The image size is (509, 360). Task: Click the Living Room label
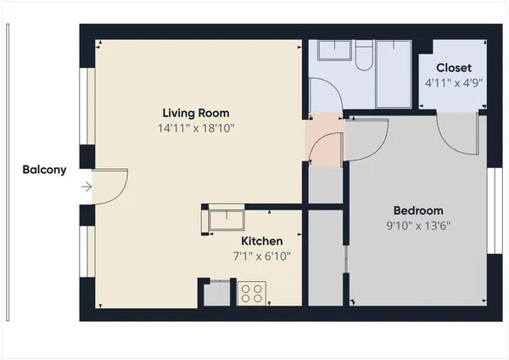196,113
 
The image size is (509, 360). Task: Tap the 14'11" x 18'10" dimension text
196,129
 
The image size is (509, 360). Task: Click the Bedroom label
418,211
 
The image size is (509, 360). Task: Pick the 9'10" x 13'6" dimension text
418,227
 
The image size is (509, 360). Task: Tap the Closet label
454,68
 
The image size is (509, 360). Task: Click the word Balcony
44,170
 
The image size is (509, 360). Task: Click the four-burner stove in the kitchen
251,294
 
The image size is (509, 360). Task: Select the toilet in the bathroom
363,56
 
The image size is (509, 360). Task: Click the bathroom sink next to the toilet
332,53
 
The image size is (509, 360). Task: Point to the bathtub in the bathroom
394,73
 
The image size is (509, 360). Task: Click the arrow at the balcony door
86,187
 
